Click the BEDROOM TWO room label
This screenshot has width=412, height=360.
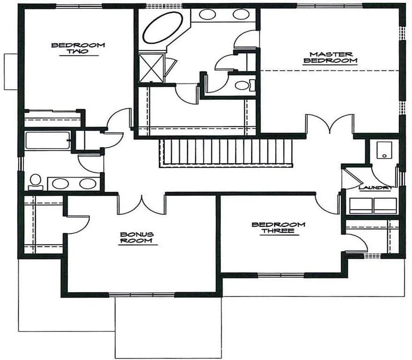pyautogui.click(x=78, y=48)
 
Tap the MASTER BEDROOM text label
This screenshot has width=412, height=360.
pyautogui.click(x=330, y=57)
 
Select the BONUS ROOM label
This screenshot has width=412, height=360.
pyautogui.click(x=137, y=237)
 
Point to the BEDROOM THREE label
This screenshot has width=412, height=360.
pyautogui.click(x=278, y=228)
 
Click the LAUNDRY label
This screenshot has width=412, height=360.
pyautogui.click(x=375, y=188)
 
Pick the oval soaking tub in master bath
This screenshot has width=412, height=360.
pyautogui.click(x=163, y=28)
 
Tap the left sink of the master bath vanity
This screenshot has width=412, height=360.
pyautogui.click(x=207, y=14)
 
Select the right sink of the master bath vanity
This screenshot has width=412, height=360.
pyautogui.click(x=240, y=14)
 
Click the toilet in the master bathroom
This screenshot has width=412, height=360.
pyautogui.click(x=243, y=85)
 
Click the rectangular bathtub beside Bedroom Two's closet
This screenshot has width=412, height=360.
pyautogui.click(x=47, y=140)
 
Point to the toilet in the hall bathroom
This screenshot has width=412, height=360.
pyautogui.click(x=35, y=181)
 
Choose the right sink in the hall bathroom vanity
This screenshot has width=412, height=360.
pyautogui.click(x=87, y=183)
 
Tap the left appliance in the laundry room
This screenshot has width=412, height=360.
pyautogui.click(x=361, y=205)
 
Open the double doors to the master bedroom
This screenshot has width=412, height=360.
pyautogui.click(x=329, y=124)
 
